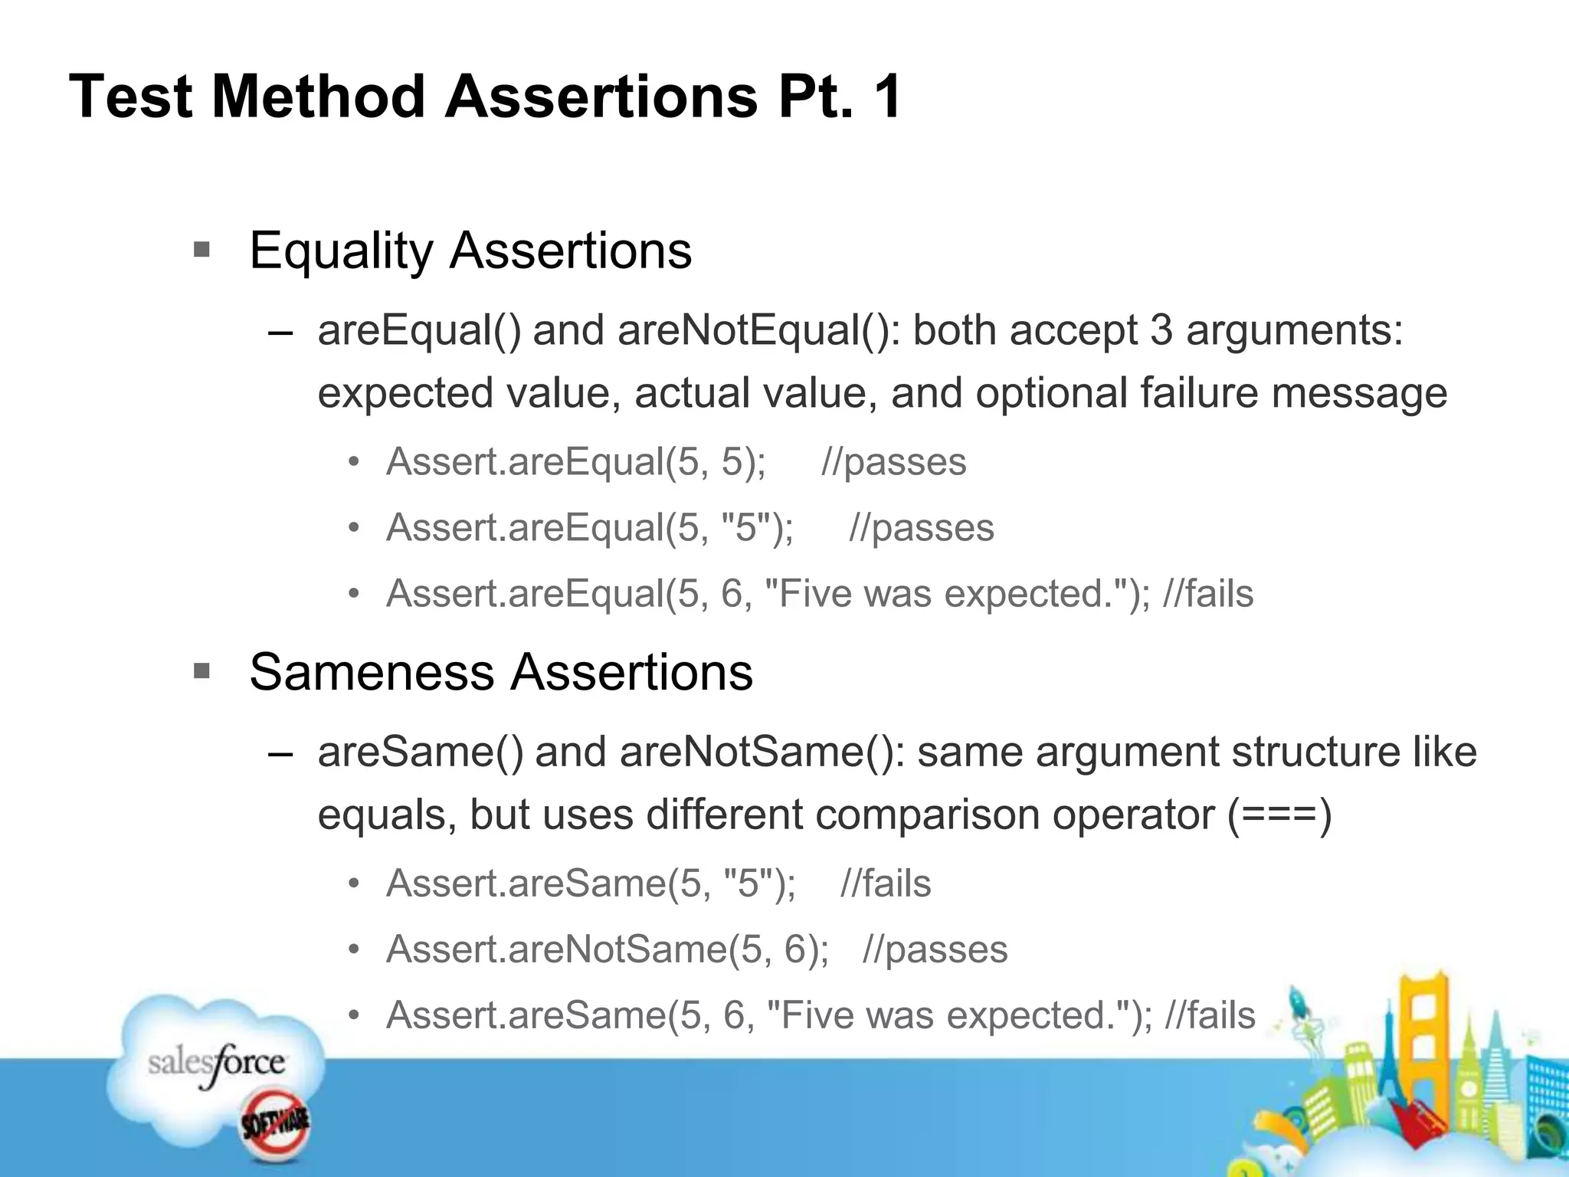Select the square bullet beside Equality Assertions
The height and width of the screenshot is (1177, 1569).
point(201,250)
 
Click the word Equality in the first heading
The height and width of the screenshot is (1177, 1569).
point(341,251)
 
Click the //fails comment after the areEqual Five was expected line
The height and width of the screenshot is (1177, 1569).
point(1208,594)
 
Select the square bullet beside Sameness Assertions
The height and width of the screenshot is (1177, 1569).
point(201,672)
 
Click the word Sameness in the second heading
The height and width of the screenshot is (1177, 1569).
point(372,673)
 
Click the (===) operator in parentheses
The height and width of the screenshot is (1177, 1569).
point(1279,815)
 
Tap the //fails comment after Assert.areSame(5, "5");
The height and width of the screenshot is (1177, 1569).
point(886,884)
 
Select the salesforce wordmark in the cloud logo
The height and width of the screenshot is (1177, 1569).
point(217,1064)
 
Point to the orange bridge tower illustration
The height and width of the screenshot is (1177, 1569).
point(1426,1027)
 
